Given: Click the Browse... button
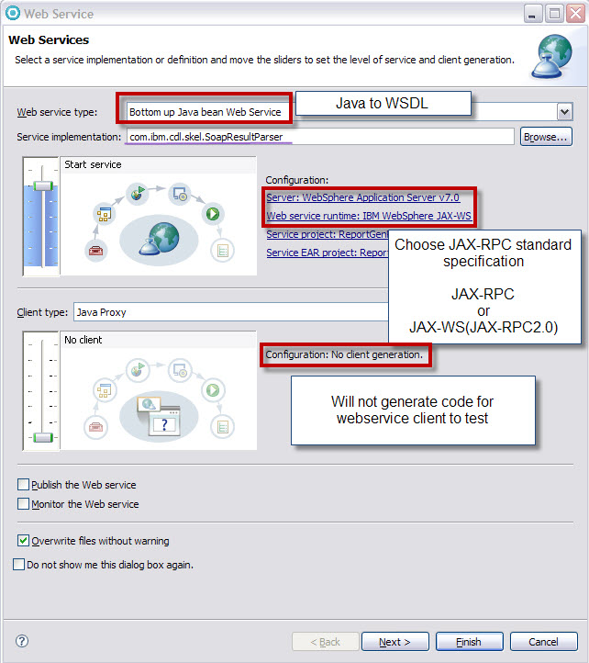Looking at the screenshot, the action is click(x=546, y=137).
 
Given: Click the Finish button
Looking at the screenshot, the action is click(x=469, y=642).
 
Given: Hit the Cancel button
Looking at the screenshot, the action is click(x=543, y=642).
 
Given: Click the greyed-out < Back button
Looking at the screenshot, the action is click(x=326, y=642).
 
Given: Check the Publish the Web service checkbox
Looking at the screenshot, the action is click(x=23, y=484).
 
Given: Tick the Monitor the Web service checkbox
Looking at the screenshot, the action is click(x=23, y=503).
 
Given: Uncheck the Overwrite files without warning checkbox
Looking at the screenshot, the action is click(x=23, y=540).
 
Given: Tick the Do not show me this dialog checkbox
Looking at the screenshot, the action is click(x=18, y=565).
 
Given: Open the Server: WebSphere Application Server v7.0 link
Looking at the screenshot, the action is click(x=362, y=197).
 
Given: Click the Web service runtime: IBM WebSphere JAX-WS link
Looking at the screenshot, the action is click(x=369, y=216).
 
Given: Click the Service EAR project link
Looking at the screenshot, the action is click(x=327, y=253).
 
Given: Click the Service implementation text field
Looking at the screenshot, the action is click(x=320, y=137).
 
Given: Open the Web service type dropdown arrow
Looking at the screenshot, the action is click(x=564, y=112).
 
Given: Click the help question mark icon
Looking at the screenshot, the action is click(x=22, y=641).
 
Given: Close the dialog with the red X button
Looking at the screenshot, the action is click(x=575, y=14).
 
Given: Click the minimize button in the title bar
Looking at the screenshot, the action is click(x=532, y=14).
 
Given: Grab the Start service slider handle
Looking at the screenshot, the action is click(x=43, y=185).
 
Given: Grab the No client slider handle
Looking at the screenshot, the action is click(x=43, y=437).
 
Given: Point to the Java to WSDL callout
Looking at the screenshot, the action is click(x=383, y=103).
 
